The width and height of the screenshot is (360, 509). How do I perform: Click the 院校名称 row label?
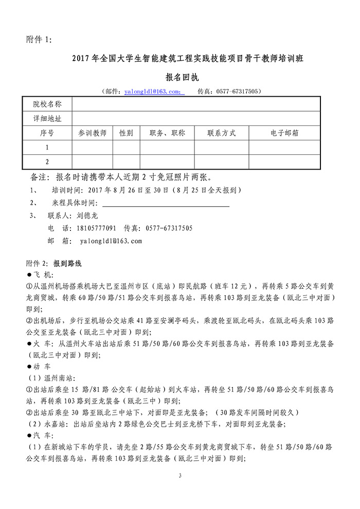47,104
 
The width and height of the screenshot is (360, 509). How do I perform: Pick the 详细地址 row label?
47,118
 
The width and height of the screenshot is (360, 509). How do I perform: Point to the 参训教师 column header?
93,133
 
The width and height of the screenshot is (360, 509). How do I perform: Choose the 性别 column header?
127,133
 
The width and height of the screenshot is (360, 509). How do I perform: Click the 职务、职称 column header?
167,133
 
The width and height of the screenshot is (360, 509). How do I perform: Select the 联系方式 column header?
222,133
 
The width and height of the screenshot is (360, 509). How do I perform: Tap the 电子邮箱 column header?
284,133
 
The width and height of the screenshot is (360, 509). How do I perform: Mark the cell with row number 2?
47,161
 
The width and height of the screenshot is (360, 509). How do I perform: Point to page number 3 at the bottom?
181,476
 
